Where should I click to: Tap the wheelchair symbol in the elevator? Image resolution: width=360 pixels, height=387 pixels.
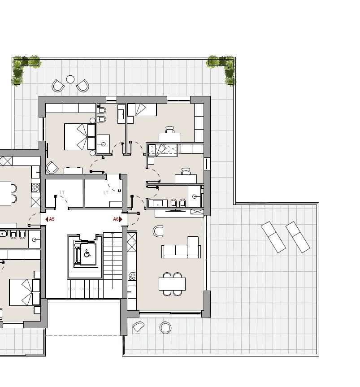click(87, 253)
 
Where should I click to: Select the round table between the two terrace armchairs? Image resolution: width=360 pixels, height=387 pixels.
click(70, 79)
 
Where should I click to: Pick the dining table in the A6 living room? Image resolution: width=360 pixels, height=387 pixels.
click(172, 284)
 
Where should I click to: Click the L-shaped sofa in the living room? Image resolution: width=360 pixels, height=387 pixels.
click(181, 248)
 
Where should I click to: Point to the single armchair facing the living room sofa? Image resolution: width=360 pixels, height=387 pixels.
click(158, 231)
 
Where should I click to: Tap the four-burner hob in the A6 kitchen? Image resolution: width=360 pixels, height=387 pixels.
click(132, 276)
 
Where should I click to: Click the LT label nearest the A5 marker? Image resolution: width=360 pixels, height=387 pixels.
click(62, 192)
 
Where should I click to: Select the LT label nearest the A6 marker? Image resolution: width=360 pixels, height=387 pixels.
click(106, 192)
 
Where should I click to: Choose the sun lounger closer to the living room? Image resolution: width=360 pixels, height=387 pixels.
click(273, 237)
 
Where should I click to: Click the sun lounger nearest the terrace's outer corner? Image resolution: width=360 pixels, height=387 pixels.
click(298, 237)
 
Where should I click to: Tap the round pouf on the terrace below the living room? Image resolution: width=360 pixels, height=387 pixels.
click(165, 327)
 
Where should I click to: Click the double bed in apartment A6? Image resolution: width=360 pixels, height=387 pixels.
click(80, 137)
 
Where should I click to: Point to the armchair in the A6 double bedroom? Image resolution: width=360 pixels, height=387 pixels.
click(52, 167)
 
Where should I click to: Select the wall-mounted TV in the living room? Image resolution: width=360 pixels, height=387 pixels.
click(175, 211)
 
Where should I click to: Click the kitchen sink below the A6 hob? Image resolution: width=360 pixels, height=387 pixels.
click(132, 292)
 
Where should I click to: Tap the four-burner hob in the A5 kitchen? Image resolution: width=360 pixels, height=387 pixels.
click(35, 187)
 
